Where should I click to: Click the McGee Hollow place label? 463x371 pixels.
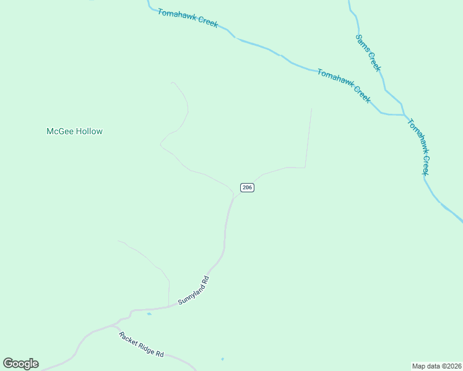coord(74,131)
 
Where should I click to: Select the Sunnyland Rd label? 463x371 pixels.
coord(194,290)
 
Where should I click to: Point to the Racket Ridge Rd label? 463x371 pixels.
coord(141,344)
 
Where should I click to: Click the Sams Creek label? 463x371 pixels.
coord(368,52)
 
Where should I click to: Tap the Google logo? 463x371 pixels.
coord(20,364)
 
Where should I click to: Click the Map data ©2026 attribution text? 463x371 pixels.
coord(437,365)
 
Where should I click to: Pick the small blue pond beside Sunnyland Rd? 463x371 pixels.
coord(149,314)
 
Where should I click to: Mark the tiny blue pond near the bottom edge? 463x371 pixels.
coord(222,359)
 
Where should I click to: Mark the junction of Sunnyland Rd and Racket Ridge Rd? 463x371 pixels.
coord(113,325)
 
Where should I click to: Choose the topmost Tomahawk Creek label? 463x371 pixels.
coord(188,18)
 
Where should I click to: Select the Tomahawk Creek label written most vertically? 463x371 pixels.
coord(418,147)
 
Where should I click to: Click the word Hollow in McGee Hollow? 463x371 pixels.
coord(87,131)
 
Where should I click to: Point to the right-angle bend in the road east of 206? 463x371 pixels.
coord(305,167)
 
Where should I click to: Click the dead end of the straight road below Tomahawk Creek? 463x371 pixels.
coord(311,109)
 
